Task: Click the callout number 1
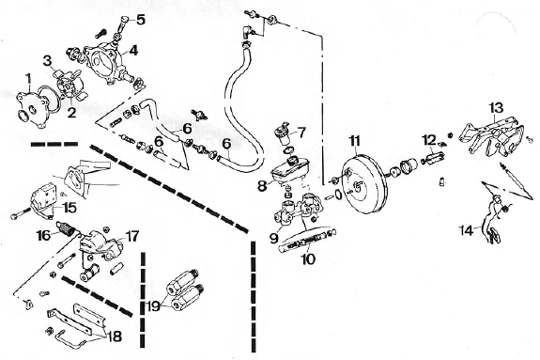point(28,79)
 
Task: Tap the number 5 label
point(141,20)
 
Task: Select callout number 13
point(497,107)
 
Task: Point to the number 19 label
point(154,305)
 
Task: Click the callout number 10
point(308,258)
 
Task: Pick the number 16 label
point(44,236)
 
